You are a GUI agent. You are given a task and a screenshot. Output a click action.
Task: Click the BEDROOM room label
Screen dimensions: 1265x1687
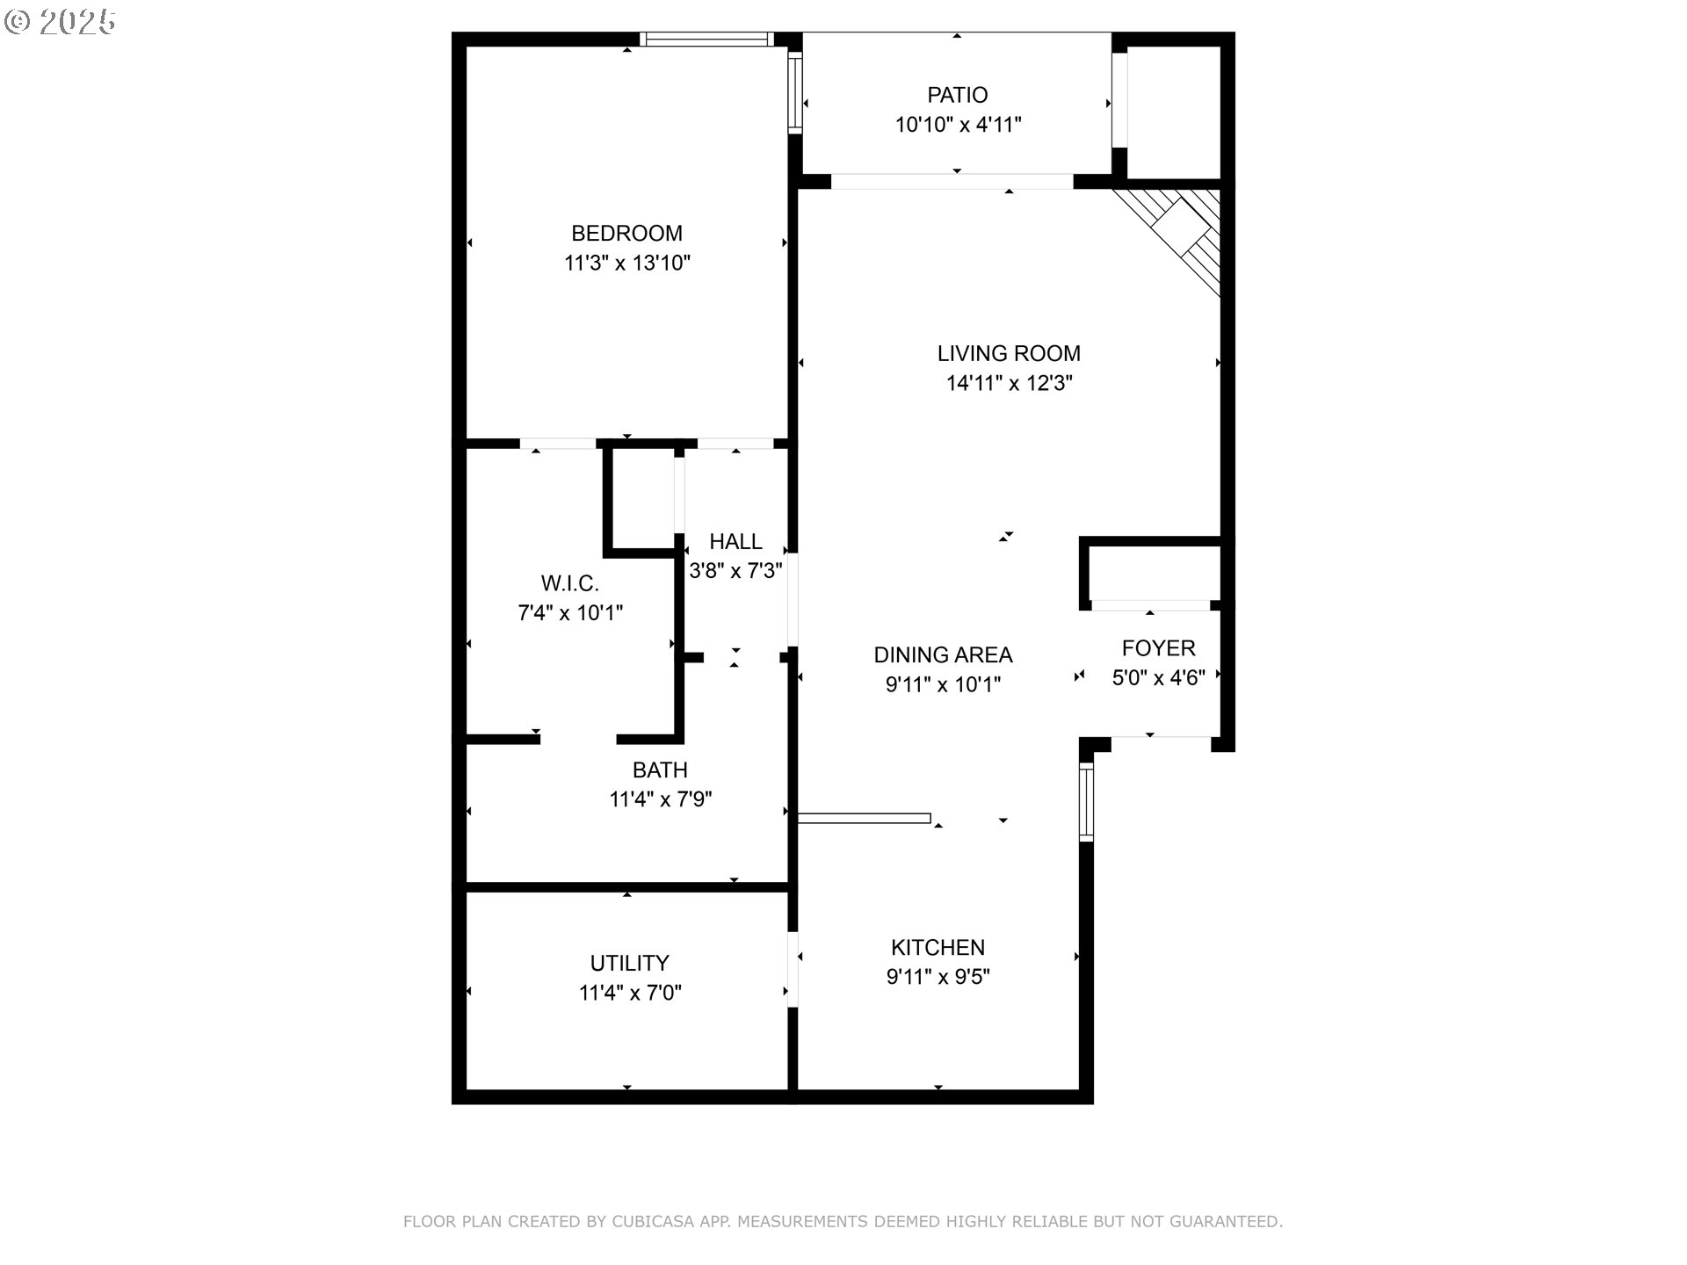(626, 234)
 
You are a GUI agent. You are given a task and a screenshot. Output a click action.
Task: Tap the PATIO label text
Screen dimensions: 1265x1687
(957, 95)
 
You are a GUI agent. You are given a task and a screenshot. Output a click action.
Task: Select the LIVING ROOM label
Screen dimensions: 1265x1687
(1009, 354)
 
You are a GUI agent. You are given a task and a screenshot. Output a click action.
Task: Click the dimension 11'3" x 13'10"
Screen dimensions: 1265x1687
(626, 263)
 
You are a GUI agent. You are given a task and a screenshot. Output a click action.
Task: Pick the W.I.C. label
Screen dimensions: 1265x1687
(570, 583)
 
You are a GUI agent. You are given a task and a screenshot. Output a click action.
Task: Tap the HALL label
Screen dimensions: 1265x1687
(735, 542)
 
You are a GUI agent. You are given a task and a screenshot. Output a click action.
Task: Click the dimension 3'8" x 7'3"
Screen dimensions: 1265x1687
(735, 571)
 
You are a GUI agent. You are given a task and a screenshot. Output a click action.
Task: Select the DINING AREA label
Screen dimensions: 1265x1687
(943, 655)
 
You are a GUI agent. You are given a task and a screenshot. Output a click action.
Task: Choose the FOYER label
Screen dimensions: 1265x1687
(1158, 648)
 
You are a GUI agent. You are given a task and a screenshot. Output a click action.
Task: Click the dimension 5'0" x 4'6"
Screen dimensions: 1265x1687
(1158, 677)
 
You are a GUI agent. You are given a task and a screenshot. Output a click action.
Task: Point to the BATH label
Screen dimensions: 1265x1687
(660, 770)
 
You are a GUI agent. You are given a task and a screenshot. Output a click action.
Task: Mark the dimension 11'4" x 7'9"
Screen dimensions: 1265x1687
(660, 799)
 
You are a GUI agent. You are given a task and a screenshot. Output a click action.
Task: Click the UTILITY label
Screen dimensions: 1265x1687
(629, 964)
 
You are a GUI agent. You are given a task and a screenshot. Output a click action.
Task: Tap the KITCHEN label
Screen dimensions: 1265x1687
(938, 948)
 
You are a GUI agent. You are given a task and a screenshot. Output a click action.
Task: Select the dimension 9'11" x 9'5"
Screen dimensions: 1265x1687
(938, 977)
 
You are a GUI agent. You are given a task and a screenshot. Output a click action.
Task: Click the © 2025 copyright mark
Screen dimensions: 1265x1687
(60, 22)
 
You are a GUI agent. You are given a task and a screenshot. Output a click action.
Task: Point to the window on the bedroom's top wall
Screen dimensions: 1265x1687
(706, 39)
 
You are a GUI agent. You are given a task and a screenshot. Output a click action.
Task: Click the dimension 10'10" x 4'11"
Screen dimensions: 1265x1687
(957, 125)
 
